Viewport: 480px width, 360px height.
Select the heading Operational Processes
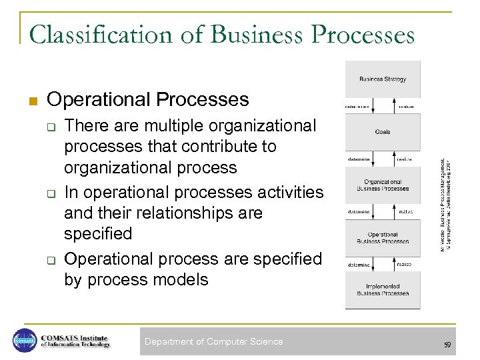148,100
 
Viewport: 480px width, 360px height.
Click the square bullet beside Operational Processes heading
32,101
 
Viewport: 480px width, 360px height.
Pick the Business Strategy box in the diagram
383,79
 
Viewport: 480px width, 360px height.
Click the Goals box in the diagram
383,131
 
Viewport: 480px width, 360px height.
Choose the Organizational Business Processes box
383,185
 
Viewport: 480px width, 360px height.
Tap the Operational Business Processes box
383,238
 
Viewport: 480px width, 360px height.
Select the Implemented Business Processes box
383,290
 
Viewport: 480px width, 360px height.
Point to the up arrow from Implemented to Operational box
392,265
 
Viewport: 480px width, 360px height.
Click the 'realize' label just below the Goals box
405,159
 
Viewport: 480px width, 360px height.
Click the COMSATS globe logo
24,341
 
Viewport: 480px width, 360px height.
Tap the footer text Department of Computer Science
213,342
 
